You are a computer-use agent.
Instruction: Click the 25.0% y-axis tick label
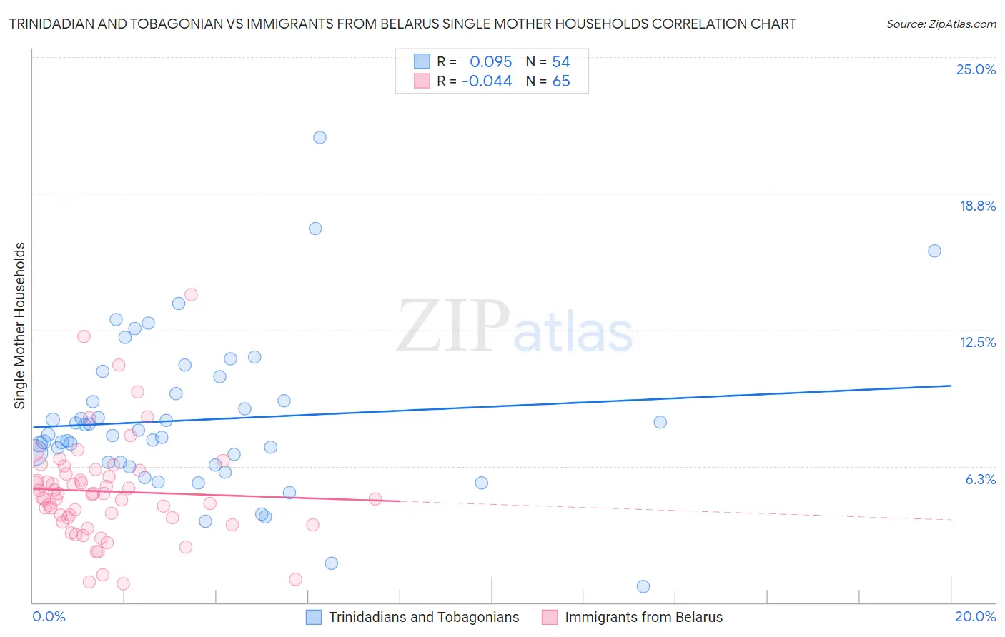976,69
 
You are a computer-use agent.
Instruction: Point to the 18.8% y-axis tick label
977,206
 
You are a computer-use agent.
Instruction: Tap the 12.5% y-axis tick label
977,342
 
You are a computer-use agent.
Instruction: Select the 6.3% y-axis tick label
980,479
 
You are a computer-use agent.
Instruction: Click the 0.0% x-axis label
49,616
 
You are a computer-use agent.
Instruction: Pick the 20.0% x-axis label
975,616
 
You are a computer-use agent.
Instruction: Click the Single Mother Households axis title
20,326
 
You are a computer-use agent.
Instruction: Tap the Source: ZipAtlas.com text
941,24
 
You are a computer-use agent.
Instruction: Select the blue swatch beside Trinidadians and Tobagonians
314,617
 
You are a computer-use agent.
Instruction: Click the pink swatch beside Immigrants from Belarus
550,617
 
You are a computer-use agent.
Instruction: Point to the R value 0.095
490,62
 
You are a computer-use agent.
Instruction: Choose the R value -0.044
487,81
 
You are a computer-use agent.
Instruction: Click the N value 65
561,81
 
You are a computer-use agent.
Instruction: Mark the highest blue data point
320,137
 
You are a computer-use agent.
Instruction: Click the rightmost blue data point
934,251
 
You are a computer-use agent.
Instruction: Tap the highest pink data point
191,294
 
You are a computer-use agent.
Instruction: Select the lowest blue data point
643,586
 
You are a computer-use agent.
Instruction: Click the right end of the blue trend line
951,386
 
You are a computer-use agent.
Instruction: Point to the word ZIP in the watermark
453,327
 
